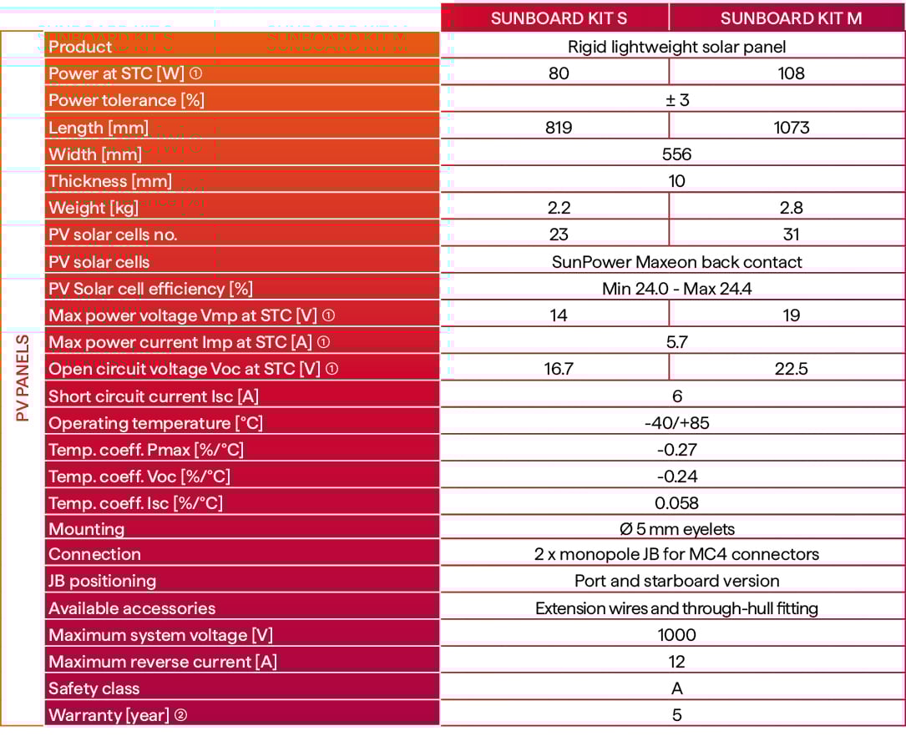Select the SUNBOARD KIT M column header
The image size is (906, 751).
pos(791,18)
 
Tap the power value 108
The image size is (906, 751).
pos(791,73)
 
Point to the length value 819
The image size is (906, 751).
pos(559,128)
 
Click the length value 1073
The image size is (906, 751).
pos(791,128)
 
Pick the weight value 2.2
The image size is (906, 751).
pos(559,208)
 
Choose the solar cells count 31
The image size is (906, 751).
pos(791,234)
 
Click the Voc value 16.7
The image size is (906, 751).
pos(559,369)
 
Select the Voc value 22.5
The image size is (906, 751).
pos(791,369)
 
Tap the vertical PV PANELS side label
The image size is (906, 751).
pos(23,378)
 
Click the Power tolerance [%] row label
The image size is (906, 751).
pos(126,100)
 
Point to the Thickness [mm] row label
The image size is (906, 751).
pos(110,181)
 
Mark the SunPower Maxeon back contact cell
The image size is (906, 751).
pos(676,262)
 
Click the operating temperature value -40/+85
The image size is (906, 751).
pos(676,423)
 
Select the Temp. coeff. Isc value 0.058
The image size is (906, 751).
pos(676,503)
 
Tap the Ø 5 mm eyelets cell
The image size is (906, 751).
pos(676,529)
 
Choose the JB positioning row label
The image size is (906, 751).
pos(102,581)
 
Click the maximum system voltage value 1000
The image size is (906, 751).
pos(676,635)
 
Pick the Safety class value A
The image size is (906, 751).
pos(676,688)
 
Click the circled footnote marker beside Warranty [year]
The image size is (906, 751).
pos(180,715)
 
